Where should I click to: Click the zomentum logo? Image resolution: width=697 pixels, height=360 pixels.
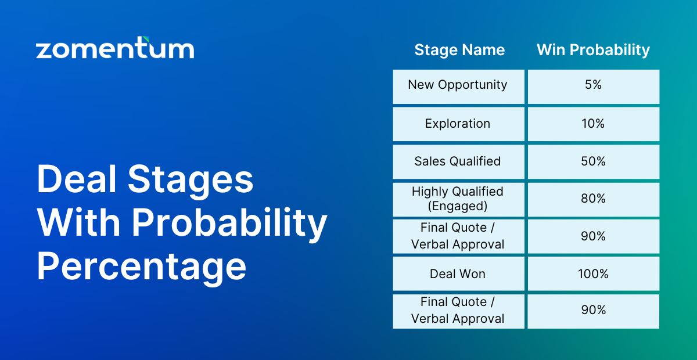(115, 48)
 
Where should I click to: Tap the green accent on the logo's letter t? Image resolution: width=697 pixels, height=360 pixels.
(146, 39)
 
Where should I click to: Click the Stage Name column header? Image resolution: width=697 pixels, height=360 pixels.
(459, 50)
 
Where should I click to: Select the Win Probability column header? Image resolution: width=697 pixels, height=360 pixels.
(594, 50)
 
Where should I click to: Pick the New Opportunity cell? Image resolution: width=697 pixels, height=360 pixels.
(459, 87)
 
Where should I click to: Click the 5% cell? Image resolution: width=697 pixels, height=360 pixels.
(594, 87)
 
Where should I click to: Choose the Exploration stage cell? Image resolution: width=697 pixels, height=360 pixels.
(459, 124)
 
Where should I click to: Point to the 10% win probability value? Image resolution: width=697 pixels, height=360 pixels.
(593, 124)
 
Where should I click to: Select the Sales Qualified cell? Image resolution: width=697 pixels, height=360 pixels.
(459, 162)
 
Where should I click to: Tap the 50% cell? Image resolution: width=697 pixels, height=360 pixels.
(594, 162)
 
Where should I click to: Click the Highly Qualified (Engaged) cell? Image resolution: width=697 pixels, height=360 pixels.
(459, 199)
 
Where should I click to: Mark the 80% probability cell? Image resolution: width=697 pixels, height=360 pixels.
(594, 199)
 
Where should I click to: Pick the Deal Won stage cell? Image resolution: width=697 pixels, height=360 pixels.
(459, 274)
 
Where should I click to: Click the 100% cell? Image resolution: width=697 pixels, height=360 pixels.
(594, 274)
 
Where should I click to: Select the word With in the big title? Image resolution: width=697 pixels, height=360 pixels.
(79, 222)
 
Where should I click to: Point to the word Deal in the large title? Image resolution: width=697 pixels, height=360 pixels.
(77, 179)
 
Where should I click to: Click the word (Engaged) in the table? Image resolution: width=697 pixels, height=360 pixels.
(458, 206)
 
